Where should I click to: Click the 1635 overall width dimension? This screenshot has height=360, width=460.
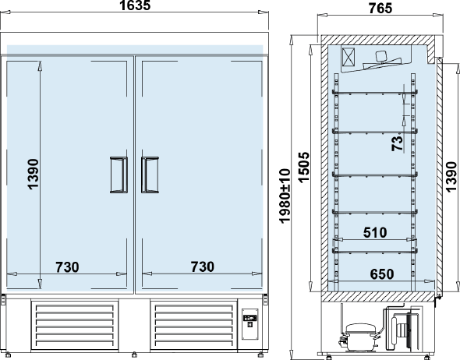tap(135, 5)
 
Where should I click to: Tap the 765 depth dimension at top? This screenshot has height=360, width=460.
tap(380, 8)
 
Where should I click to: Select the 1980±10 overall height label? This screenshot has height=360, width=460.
tap(285, 196)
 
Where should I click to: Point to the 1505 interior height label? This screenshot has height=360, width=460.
tap(303, 168)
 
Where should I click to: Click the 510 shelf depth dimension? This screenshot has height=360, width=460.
tap(375, 232)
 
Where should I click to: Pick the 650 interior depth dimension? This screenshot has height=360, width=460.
tap(382, 274)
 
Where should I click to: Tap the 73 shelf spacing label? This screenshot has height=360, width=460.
tap(397, 143)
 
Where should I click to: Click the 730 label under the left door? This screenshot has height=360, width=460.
tap(67, 267)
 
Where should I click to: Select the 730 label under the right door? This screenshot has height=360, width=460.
tap(203, 266)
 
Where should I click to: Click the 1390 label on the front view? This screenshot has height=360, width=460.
tap(34, 175)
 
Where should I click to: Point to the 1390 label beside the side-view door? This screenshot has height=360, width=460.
tap(451, 177)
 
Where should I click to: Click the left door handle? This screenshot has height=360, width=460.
tap(119, 175)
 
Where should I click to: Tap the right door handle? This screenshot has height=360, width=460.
tap(150, 175)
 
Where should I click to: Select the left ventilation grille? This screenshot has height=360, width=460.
tap(75, 325)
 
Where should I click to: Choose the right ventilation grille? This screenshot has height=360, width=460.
tap(193, 325)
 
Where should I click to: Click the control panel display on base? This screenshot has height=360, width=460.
tap(250, 318)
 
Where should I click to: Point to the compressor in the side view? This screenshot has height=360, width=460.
tap(359, 337)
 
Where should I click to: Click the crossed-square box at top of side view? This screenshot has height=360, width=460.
tap(349, 57)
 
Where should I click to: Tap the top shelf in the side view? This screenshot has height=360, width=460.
tap(375, 93)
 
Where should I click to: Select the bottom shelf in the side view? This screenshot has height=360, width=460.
tap(375, 251)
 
